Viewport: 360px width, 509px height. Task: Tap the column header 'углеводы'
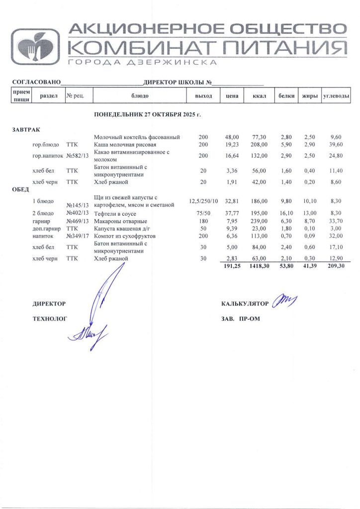[336, 95]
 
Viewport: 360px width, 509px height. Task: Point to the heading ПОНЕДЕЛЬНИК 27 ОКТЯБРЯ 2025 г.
[147, 115]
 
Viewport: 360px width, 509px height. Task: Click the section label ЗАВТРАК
[25, 129]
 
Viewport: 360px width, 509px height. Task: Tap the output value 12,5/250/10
[203, 201]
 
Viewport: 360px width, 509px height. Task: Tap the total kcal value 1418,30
[258, 266]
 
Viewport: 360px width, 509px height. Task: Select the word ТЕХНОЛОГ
[49, 318]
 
